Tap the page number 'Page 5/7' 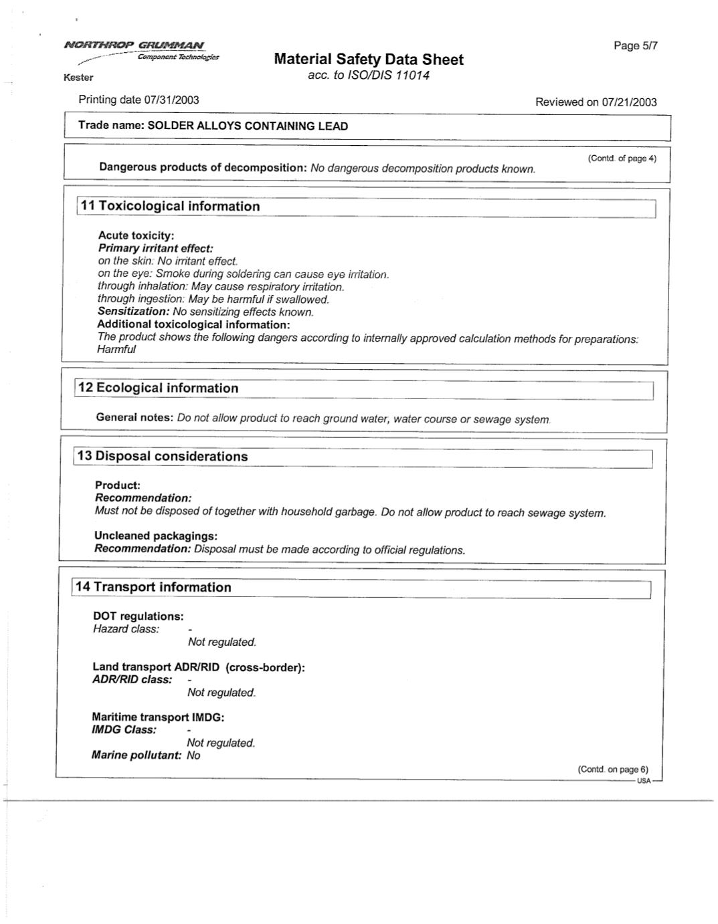click(635, 45)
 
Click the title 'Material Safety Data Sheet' click(369, 60)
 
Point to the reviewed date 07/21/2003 click(629, 102)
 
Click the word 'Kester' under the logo click(78, 78)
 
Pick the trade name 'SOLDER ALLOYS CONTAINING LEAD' click(248, 126)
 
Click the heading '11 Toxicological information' click(170, 207)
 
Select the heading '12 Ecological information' click(158, 388)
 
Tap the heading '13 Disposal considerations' click(162, 457)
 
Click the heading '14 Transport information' click(153, 587)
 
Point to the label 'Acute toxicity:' click(136, 235)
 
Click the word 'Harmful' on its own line click(116, 350)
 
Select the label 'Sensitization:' click(133, 312)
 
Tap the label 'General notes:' click(134, 417)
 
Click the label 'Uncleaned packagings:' click(156, 536)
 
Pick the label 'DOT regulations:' click(138, 616)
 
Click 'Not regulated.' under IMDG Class click(221, 743)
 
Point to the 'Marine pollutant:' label click(137, 756)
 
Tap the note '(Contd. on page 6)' click(612, 770)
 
